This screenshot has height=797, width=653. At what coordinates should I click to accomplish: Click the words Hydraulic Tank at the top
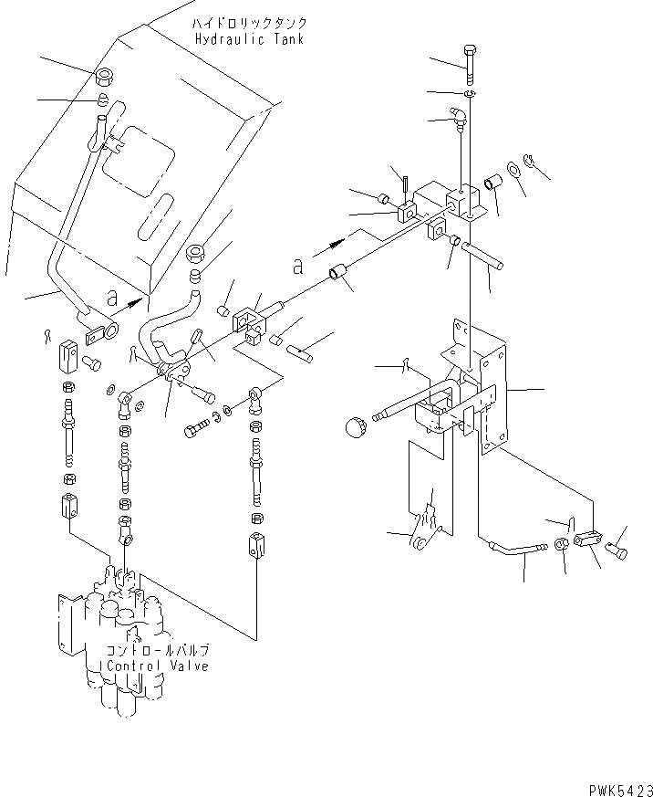coord(249,39)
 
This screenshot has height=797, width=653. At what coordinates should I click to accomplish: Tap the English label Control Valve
coord(158,666)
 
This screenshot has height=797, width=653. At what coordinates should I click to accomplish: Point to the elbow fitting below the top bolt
coord(460,115)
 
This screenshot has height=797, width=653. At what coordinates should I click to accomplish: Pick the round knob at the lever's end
coord(356,425)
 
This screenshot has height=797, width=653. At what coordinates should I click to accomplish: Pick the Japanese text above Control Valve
coord(158,650)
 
